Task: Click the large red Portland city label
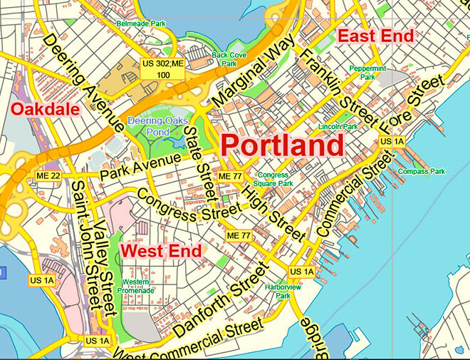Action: [x=282, y=146]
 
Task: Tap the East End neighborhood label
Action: [x=375, y=36]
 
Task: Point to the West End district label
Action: [x=160, y=251]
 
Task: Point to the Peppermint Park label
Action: [x=367, y=73]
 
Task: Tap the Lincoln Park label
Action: [x=337, y=126]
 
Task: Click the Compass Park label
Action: [x=422, y=171]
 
